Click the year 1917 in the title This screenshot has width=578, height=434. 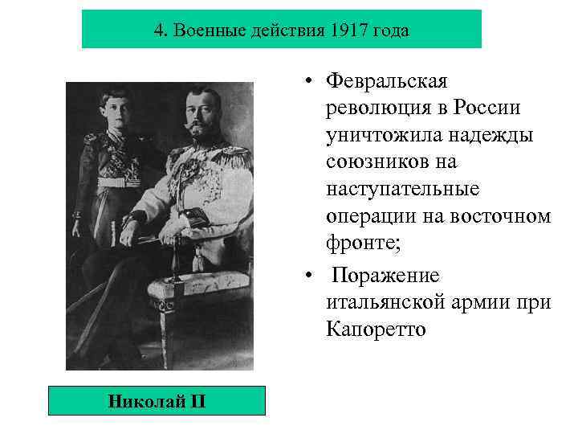pyautogui.click(x=345, y=31)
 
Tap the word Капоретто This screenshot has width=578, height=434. pyautogui.click(x=373, y=330)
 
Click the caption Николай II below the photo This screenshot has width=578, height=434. pyautogui.click(x=156, y=399)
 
